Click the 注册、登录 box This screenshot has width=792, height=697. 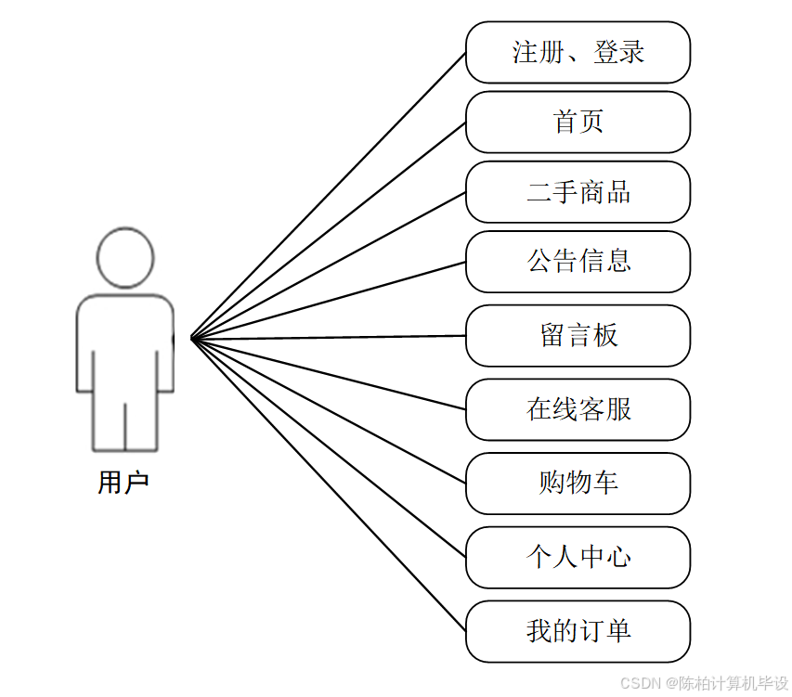click(x=578, y=53)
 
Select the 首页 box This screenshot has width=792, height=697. click(x=578, y=122)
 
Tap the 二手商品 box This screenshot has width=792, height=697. click(x=578, y=192)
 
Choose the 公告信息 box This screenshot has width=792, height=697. click(x=578, y=262)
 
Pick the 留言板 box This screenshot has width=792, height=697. click(x=578, y=335)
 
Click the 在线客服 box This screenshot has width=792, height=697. click(x=578, y=409)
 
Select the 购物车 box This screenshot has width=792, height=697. click(x=578, y=483)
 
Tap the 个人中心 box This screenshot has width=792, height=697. click(x=578, y=557)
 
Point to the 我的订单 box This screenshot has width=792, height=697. click(x=578, y=631)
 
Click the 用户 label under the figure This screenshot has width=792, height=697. click(x=123, y=483)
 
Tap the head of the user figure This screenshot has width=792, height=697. click(x=125, y=256)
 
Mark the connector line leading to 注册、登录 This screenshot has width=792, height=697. click(x=328, y=196)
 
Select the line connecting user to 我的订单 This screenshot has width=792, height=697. click(x=328, y=484)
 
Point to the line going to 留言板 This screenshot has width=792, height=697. click(x=328, y=337)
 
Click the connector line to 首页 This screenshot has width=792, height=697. click(x=328, y=231)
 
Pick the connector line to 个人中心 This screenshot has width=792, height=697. click(x=328, y=447)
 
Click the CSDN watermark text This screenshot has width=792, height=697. click(x=703, y=683)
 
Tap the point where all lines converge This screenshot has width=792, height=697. click(x=191, y=339)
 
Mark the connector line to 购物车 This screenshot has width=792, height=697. click(x=328, y=410)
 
